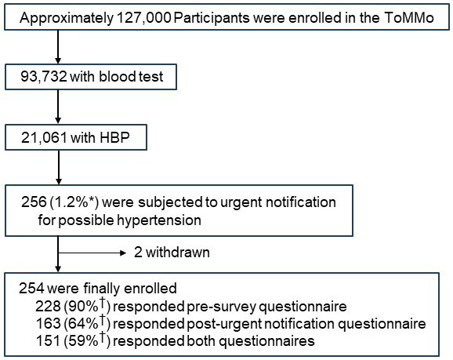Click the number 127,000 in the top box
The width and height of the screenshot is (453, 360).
[144, 18]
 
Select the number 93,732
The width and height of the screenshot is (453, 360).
[44, 77]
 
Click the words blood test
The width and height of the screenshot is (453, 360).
[131, 77]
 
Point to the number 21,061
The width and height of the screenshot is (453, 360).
[44, 137]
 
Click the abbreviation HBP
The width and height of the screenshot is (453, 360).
[114, 137]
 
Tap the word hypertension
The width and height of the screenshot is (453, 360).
[159, 220]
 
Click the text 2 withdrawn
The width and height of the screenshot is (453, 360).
[172, 253]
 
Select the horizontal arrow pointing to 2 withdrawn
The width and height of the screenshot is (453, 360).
[92, 253]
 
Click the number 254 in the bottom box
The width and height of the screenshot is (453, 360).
[31, 289]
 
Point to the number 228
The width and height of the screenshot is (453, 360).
[48, 306]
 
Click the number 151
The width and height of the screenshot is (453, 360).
[48, 341]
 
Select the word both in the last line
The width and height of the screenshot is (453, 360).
[201, 341]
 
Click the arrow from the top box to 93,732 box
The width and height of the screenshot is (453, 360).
[58, 47]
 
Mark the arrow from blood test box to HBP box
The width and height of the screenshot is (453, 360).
[58, 107]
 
